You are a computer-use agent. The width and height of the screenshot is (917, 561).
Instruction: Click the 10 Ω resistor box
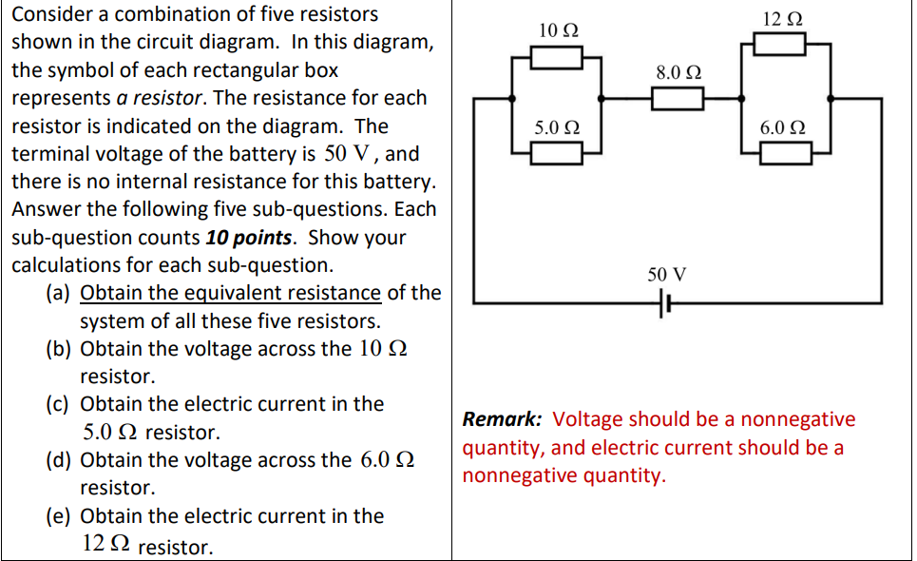[556, 58]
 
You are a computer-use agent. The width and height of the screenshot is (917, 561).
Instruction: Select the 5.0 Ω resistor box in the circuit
[556, 152]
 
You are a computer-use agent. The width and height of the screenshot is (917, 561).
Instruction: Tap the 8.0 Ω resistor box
[678, 98]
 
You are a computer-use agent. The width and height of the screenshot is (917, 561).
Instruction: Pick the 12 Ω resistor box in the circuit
[779, 44]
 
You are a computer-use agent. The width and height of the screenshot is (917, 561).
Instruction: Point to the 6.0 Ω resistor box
[784, 152]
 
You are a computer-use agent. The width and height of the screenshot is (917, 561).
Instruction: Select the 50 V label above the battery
[666, 275]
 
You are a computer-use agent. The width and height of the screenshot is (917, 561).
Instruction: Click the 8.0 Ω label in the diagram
[678, 72]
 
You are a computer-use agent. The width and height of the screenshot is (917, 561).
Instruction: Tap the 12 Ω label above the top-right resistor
[781, 18]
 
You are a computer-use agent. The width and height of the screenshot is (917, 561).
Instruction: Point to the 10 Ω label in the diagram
[557, 30]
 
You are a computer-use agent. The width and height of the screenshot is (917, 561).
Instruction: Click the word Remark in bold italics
[502, 419]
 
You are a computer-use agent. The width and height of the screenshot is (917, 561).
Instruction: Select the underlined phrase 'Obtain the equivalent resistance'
[231, 293]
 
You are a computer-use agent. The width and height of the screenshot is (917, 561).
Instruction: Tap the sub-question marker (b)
[59, 349]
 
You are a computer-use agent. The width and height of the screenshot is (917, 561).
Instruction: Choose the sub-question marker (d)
[59, 460]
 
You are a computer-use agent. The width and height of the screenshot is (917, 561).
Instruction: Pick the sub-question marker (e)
[59, 516]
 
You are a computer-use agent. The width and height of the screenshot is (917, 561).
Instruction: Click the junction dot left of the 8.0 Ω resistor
[602, 98]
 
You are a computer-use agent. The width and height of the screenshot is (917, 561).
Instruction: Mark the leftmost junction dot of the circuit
[513, 98]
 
